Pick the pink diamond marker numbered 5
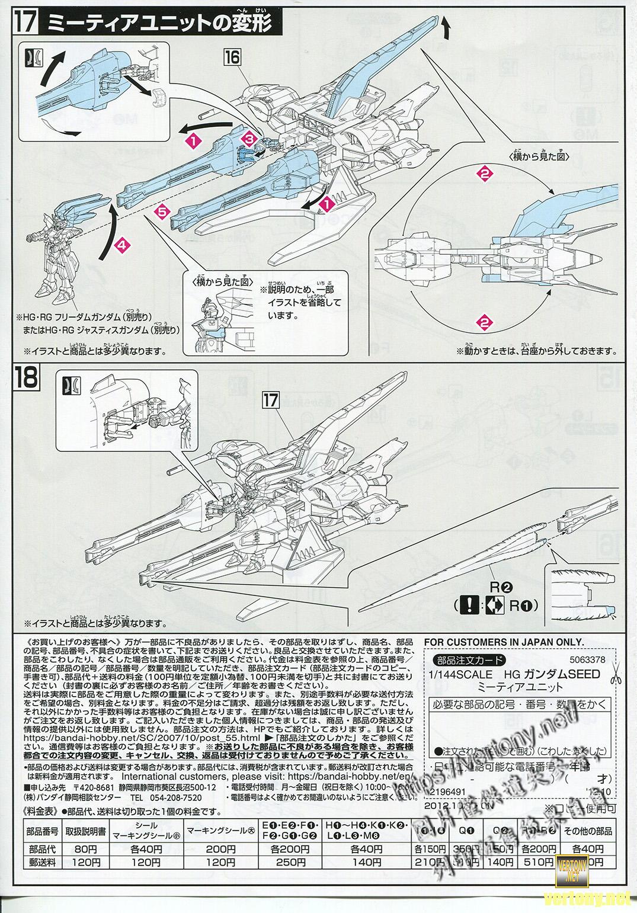pos(164,210)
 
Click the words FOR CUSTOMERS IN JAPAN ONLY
pos(504,642)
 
